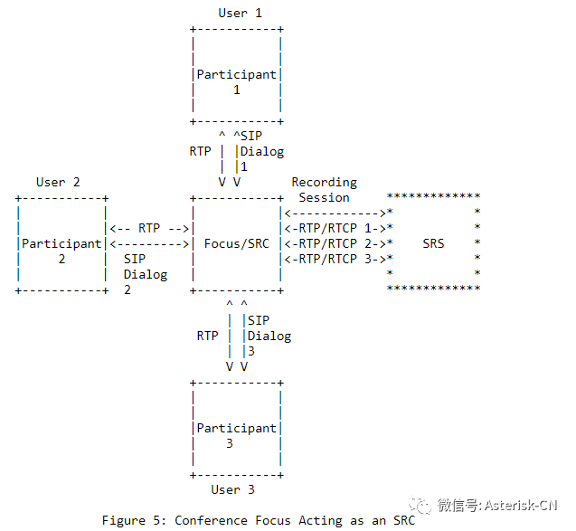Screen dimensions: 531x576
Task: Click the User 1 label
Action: click(x=240, y=13)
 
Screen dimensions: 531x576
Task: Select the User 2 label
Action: click(x=58, y=182)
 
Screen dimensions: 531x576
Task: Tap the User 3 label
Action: click(x=232, y=489)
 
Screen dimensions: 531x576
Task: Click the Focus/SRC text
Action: click(x=237, y=243)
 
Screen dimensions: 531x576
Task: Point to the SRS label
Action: click(x=433, y=243)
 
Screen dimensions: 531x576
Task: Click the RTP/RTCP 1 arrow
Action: click(x=335, y=228)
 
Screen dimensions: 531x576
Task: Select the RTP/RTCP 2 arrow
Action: click(x=335, y=243)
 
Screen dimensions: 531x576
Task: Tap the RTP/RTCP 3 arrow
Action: click(x=335, y=259)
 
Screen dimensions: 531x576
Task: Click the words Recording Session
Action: click(x=324, y=189)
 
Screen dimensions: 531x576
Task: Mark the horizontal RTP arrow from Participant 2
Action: click(x=149, y=228)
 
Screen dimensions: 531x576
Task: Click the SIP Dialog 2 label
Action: click(x=145, y=274)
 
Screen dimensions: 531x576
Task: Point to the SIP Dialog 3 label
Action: click(x=268, y=336)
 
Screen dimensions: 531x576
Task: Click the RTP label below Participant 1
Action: click(x=200, y=151)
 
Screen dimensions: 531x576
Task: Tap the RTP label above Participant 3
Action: click(x=207, y=336)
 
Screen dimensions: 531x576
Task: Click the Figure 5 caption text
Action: click(x=258, y=520)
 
